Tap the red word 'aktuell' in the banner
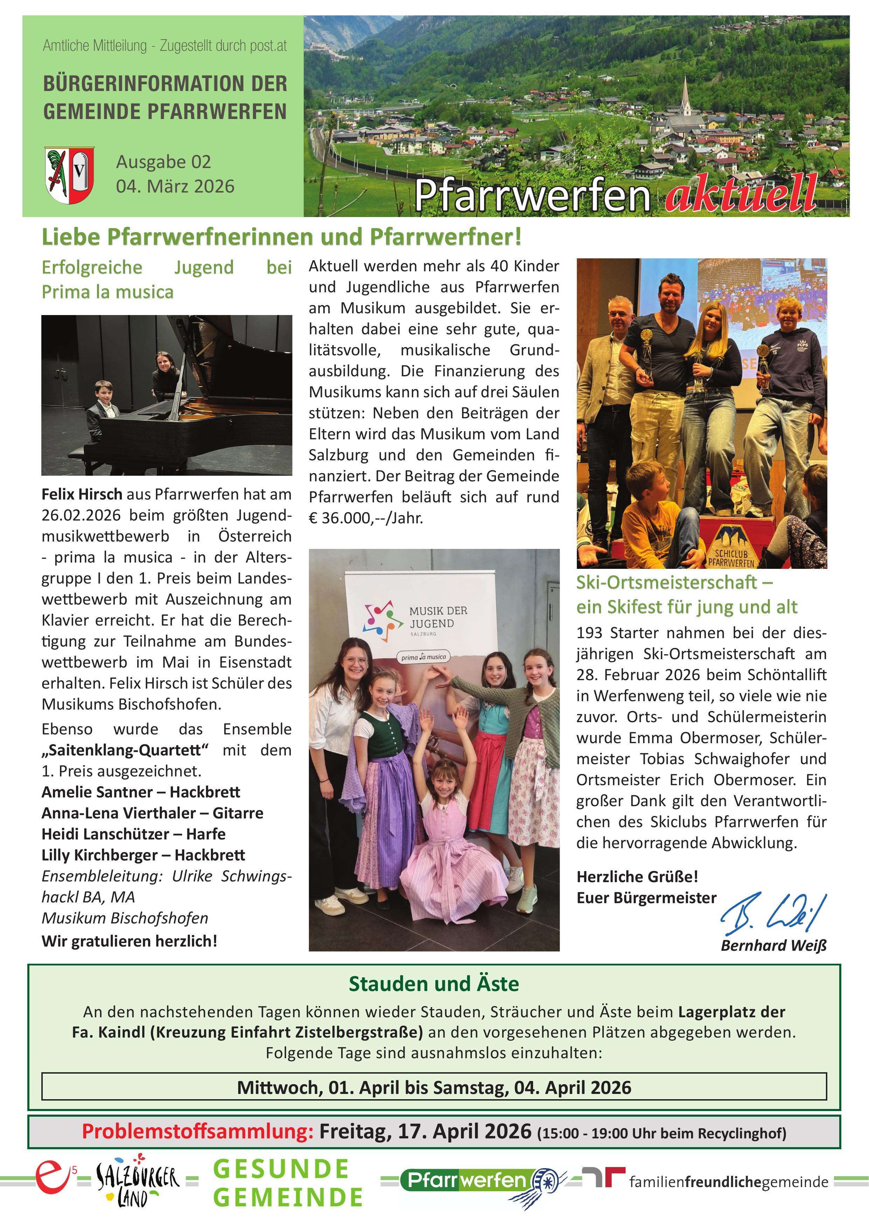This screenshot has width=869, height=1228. (x=741, y=194)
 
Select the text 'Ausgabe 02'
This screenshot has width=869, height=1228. (x=163, y=161)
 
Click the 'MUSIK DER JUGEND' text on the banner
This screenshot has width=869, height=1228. (x=438, y=617)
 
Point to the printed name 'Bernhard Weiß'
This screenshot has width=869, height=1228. (x=773, y=946)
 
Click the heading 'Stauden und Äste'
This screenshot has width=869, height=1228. (x=433, y=984)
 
